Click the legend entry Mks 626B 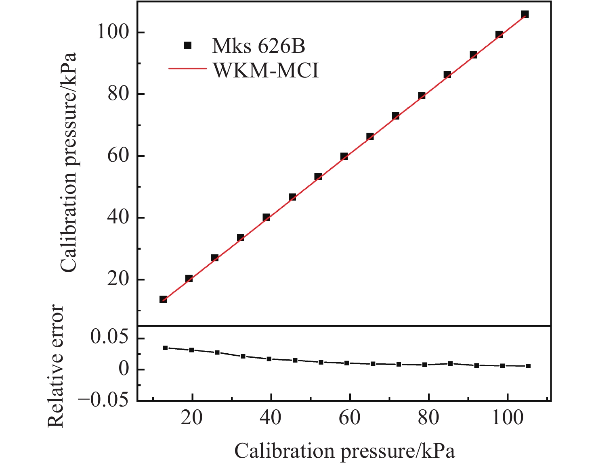pos(258,46)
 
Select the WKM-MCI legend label pos(266,71)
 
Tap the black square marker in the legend pos(187,46)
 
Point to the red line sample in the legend pos(187,69)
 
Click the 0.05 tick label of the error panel pos(109,337)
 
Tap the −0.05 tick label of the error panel pos(103,400)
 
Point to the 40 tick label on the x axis pos(271,418)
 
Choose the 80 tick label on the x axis pos(428,418)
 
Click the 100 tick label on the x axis pos(507,418)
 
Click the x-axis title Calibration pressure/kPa pos(344,451)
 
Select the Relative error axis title pos(56,366)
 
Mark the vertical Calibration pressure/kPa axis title pos(68,162)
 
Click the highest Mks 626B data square pos(525,15)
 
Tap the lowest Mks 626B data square pos(163,299)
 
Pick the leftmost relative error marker pos(165,348)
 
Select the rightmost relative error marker pos(528,366)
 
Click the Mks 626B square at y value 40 pos(267,217)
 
